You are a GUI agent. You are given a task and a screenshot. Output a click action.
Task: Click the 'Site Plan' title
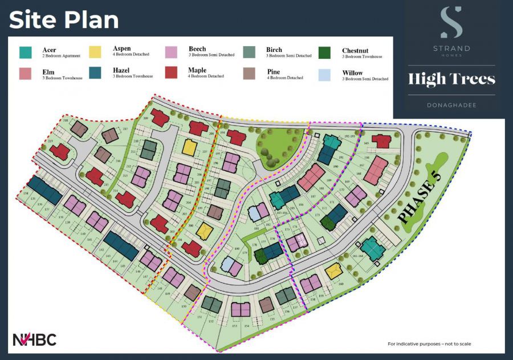[64, 20]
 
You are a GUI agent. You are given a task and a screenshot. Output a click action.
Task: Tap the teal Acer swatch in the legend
[25, 52]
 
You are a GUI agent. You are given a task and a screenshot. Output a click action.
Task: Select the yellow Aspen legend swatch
[96, 52]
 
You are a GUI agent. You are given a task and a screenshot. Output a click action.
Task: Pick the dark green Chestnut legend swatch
[325, 52]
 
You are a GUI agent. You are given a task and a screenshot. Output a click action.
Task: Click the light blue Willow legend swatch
[325, 75]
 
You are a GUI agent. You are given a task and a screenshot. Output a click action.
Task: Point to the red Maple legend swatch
[172, 72]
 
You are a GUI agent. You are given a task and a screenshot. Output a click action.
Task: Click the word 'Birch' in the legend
[274, 50]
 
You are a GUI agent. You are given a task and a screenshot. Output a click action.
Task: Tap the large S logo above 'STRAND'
[451, 23]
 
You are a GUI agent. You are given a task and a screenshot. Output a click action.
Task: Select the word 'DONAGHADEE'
[451, 105]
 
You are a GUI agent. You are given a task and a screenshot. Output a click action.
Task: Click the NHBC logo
[35, 339]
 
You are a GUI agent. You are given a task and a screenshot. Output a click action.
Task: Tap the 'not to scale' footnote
[429, 344]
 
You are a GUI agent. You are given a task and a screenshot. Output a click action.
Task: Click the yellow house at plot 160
[334, 271]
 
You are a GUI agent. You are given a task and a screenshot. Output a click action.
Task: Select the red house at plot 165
[380, 140]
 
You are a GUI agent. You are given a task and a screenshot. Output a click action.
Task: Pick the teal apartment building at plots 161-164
[371, 248]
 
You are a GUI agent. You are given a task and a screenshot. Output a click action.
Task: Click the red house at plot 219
[59, 151]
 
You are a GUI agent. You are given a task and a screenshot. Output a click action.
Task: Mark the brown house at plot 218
[79, 129]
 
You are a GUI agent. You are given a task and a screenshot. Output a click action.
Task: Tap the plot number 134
[26, 194]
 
